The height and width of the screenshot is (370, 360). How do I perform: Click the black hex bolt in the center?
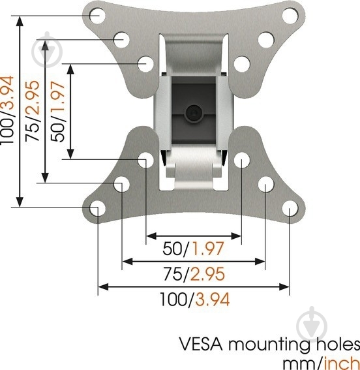[x=194, y=113]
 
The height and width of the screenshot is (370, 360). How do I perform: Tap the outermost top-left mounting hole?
[x=98, y=16]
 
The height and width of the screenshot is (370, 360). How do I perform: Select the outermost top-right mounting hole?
[x=290, y=16]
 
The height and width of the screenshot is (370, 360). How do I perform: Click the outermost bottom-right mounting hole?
[x=290, y=208]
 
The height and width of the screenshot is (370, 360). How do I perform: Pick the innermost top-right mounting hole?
[x=242, y=64]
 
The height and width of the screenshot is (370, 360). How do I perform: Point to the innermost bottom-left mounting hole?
[x=145, y=160]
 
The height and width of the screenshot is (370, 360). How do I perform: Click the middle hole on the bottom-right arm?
[x=266, y=184]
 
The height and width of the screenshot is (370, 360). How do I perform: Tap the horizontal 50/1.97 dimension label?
[x=193, y=249]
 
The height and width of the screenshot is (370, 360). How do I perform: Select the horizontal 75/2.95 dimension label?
[x=194, y=274]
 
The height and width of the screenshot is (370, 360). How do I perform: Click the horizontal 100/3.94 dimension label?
[x=195, y=300]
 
